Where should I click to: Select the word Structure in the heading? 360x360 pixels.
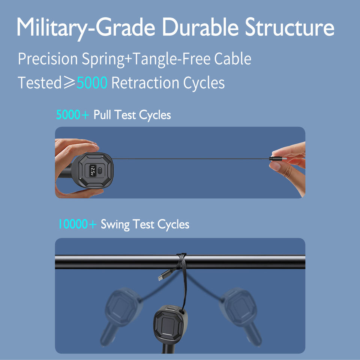pyautogui.click(x=289, y=27)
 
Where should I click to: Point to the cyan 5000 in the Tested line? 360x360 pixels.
pyautogui.click(x=92, y=83)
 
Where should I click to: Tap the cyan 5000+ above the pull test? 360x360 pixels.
pyautogui.click(x=73, y=115)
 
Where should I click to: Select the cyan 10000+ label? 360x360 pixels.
pyautogui.click(x=77, y=224)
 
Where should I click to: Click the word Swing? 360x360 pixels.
pyautogui.click(x=115, y=224)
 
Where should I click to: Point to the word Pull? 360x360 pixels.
pyautogui.click(x=102, y=115)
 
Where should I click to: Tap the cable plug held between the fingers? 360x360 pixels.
pyautogui.click(x=277, y=159)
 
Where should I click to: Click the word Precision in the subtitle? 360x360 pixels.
pyautogui.click(x=48, y=59)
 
